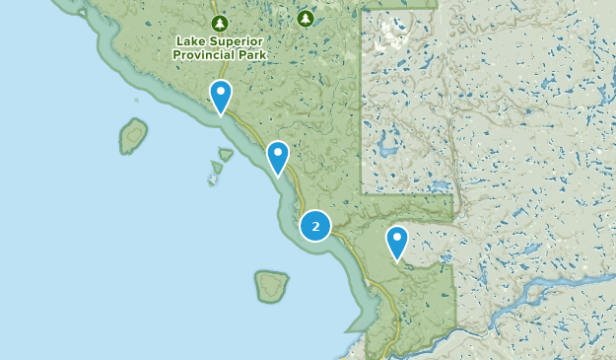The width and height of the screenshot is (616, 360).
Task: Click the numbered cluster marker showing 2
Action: coord(315,226)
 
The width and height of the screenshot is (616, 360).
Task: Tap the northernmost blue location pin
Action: coord(221,97)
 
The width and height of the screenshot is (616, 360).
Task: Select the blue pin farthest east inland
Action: coord(397,241)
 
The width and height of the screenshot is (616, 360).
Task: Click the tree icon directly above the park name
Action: coord(219,23)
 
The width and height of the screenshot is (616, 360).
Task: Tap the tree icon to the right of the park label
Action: coord(305,19)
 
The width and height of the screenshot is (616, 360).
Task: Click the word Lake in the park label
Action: coord(189,41)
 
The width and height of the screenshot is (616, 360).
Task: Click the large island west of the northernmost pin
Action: coord(133,135)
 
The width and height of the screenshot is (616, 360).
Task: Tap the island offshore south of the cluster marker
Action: coord(271,286)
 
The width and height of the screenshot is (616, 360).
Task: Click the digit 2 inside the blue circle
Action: coord(315,226)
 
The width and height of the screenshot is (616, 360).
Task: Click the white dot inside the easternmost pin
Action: coord(397,238)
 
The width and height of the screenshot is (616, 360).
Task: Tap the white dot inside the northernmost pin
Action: coord(221,94)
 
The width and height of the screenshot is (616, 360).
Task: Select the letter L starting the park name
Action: coord(179,41)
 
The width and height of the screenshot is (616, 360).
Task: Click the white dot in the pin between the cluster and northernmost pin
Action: coord(278,153)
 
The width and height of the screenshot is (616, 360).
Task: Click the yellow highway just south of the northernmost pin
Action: coord(236,123)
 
